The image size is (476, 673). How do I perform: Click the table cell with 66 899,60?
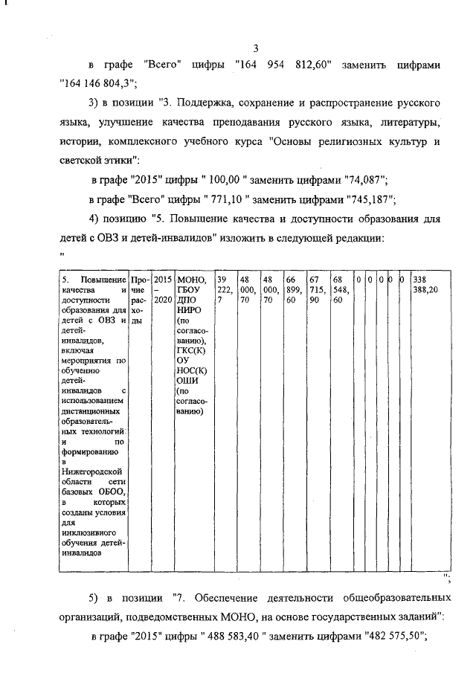click(x=295, y=289)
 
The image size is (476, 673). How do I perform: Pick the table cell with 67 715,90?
click(x=318, y=289)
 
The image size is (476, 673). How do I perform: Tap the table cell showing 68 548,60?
click(x=341, y=289)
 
